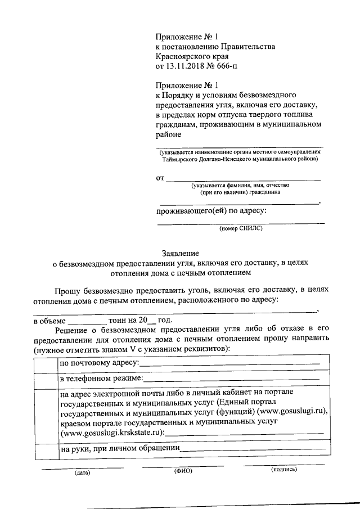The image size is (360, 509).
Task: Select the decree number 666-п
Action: tap(235, 66)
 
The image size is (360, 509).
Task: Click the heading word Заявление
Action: tap(180, 253)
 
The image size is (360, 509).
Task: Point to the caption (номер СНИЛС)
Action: tap(241, 229)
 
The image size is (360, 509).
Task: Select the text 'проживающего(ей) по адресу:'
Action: tap(211, 211)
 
